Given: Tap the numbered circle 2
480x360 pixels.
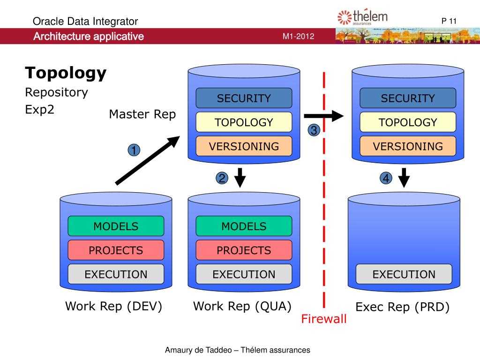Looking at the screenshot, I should click(x=222, y=179).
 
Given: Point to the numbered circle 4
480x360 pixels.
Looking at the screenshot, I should click(x=386, y=179).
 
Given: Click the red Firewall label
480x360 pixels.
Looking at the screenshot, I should click(x=323, y=320).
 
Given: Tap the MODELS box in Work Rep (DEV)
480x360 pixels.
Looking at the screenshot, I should click(x=116, y=226).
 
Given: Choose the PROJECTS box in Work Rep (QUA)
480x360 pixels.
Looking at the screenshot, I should click(x=244, y=250).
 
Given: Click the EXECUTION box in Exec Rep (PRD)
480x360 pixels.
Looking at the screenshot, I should click(x=404, y=274).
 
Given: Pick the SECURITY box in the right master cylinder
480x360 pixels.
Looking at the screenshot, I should click(x=407, y=98).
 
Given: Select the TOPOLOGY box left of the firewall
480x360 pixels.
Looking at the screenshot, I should click(x=244, y=122).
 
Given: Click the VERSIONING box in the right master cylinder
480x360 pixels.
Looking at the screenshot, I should click(x=407, y=146).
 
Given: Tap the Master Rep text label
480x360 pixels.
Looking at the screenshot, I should click(x=142, y=114).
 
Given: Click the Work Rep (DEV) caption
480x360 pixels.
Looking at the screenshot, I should click(x=113, y=307).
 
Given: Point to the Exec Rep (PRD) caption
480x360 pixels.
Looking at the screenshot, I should click(x=403, y=307).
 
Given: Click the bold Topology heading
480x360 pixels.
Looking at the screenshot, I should click(x=66, y=73).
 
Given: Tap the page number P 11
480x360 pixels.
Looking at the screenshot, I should click(x=449, y=21).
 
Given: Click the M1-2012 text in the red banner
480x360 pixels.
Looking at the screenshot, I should click(x=298, y=37).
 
